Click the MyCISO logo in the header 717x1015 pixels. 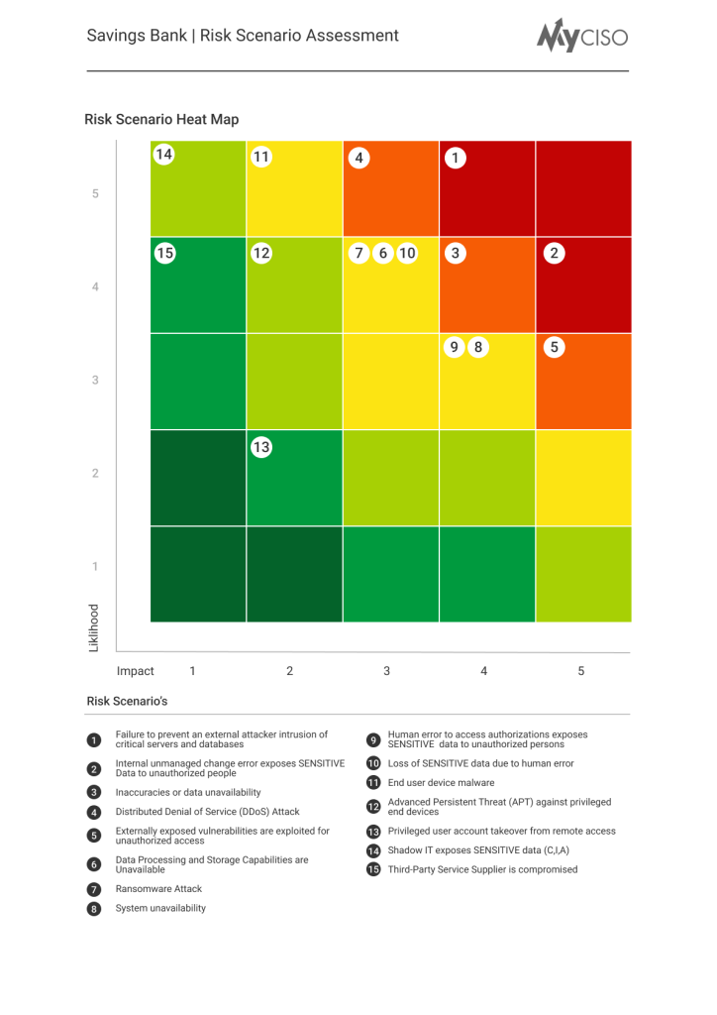click(x=582, y=36)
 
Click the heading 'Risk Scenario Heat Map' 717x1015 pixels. click(x=161, y=119)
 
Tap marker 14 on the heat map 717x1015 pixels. click(x=163, y=155)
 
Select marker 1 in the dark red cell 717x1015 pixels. click(x=455, y=158)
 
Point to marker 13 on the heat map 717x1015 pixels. click(x=260, y=447)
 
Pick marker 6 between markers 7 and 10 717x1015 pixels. click(x=382, y=253)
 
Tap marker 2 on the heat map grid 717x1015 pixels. click(x=555, y=253)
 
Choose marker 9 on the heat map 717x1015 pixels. click(x=455, y=347)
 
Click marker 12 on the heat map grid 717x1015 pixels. click(x=260, y=253)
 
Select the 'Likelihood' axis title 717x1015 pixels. click(x=95, y=627)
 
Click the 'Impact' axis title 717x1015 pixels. click(x=136, y=671)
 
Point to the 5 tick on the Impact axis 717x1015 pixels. click(x=581, y=671)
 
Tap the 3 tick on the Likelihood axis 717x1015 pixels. click(x=95, y=380)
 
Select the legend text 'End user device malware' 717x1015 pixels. click(x=441, y=783)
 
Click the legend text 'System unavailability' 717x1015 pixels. click(x=160, y=908)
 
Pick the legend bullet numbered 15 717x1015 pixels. click(x=373, y=869)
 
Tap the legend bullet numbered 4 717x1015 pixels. click(x=94, y=812)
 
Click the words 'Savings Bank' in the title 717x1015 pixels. click(x=137, y=36)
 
